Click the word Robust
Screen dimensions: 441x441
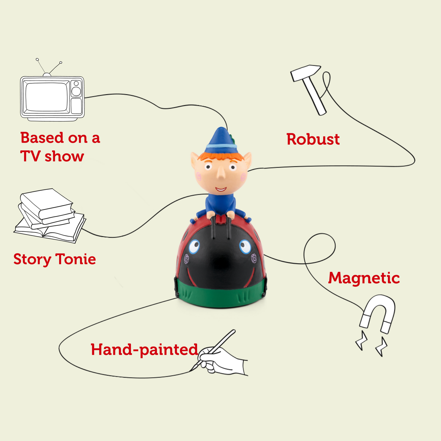[313, 139]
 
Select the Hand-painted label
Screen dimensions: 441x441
[144, 350]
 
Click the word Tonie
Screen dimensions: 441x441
[75, 259]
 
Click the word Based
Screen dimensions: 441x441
[42, 138]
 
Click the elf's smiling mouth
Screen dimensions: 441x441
[221, 189]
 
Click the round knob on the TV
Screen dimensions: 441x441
[76, 91]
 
